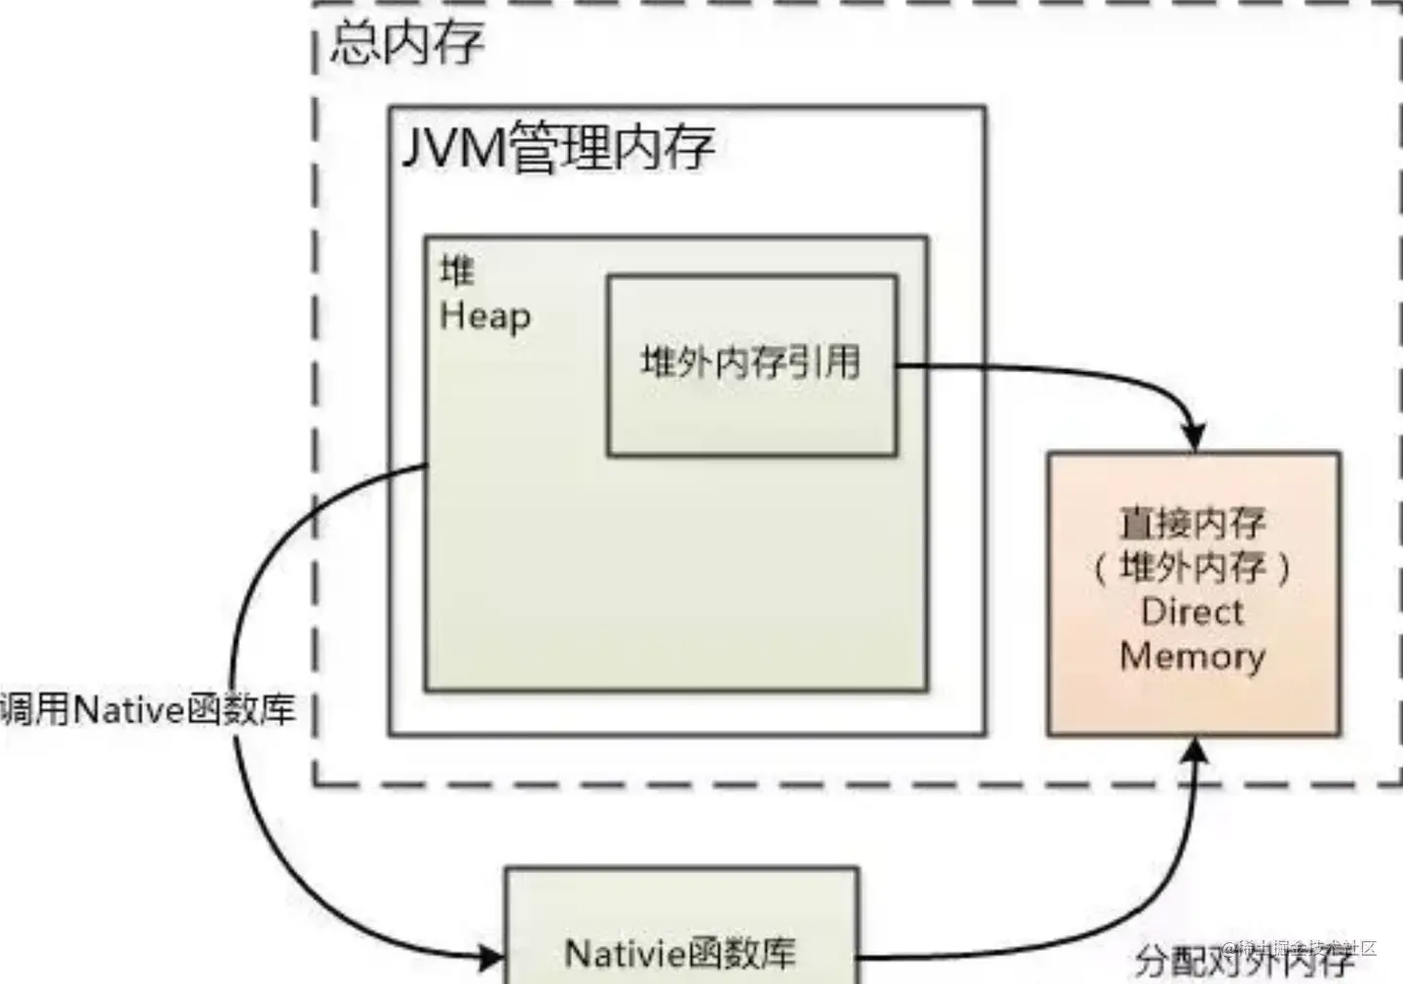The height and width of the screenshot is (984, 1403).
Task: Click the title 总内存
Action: click(406, 43)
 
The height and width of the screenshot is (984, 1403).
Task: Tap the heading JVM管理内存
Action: click(558, 148)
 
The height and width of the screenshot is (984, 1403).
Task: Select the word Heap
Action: click(485, 316)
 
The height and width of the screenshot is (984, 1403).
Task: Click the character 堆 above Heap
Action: click(456, 270)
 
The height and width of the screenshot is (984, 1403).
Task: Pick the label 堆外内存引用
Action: click(750, 362)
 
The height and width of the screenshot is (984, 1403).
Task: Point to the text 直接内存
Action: click(1193, 523)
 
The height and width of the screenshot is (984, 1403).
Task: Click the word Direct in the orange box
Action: click(1193, 612)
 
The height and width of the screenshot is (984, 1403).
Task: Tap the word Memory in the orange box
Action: click(1193, 656)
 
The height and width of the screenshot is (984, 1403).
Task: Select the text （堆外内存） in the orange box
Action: click(1193, 567)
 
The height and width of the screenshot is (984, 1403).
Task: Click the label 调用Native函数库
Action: click(148, 709)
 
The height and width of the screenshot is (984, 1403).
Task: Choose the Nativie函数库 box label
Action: click(680, 953)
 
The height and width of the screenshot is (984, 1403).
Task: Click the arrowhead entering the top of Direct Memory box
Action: click(1194, 438)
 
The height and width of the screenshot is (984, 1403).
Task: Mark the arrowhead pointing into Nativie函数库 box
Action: click(491, 959)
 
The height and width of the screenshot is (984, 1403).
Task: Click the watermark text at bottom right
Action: click(1301, 947)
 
